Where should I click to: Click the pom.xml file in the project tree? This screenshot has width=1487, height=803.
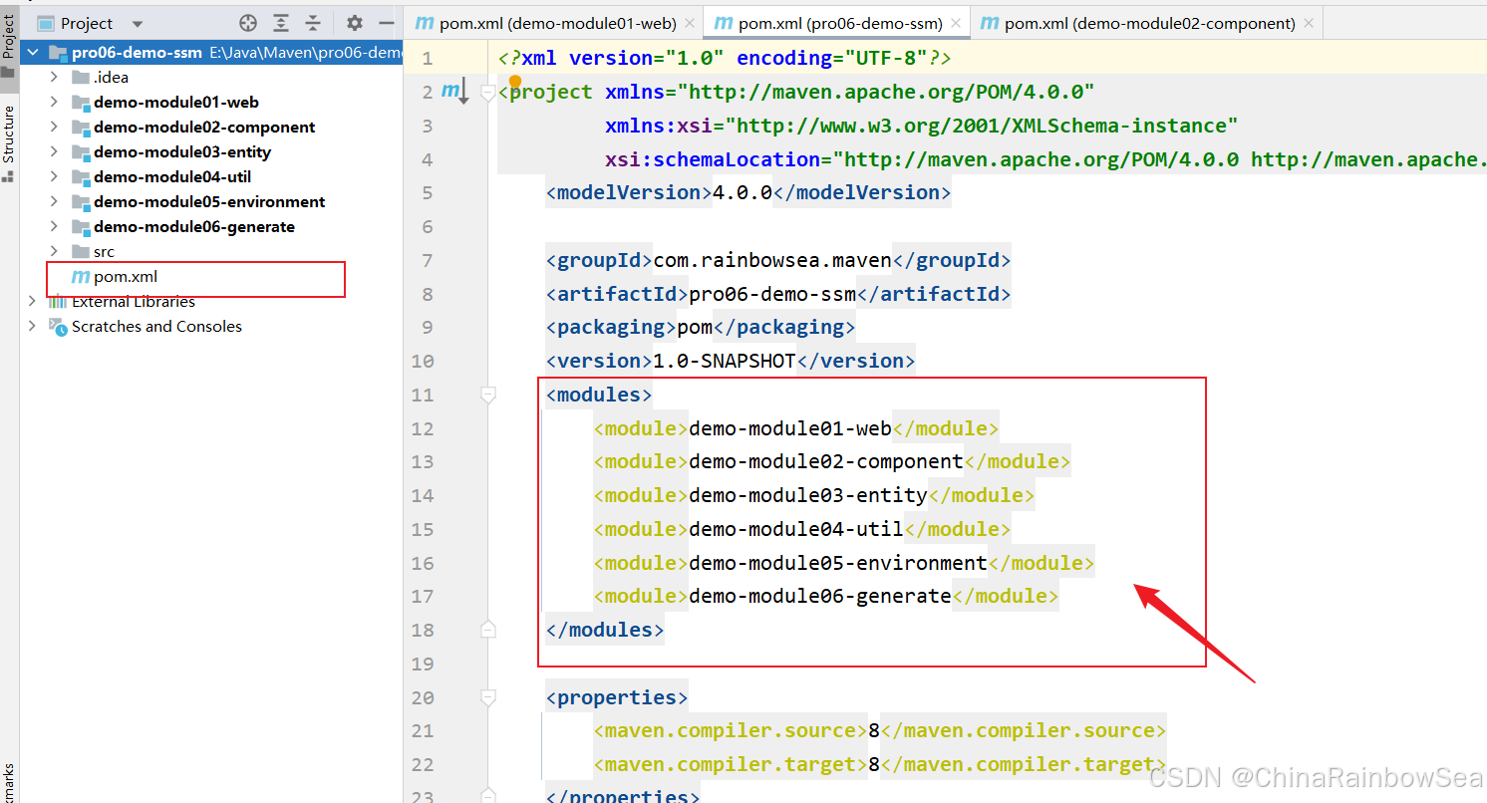[x=125, y=277]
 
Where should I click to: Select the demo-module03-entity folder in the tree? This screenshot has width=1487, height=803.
[x=182, y=152]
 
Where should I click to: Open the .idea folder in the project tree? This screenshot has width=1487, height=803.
[x=111, y=78]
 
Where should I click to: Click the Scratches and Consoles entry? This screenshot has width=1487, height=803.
[x=156, y=327]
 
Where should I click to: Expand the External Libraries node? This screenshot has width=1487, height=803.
[x=32, y=301]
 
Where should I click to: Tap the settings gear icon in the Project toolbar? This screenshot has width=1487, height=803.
[x=355, y=23]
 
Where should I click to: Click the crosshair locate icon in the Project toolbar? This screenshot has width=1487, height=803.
[x=247, y=23]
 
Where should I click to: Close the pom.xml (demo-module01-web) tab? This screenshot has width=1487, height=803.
[x=690, y=23]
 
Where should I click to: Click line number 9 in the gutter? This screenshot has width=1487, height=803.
[x=427, y=327]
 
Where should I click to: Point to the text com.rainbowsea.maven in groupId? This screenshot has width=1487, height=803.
[x=772, y=260]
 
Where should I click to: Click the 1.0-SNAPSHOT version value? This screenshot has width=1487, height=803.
[x=725, y=361]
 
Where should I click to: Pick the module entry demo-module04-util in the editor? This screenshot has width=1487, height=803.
[x=796, y=529]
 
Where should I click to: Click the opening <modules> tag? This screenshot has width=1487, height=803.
[x=599, y=395]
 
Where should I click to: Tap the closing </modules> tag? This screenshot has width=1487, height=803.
[x=605, y=630]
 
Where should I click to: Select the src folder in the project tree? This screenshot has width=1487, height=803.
[x=104, y=251]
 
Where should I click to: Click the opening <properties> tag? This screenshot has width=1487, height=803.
[x=617, y=697]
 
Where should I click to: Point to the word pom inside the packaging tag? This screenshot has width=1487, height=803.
[x=695, y=328]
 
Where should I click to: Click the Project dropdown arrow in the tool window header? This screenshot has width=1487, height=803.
[x=138, y=24]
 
